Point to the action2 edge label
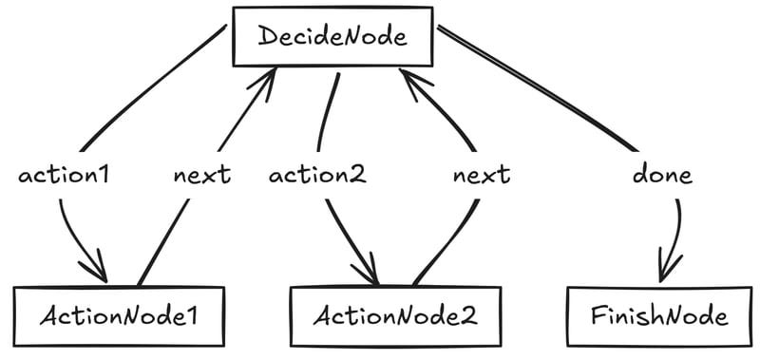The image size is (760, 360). click(317, 175)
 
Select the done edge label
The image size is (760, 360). click(662, 175)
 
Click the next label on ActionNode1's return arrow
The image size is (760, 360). click(201, 175)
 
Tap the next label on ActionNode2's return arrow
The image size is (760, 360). click(481, 175)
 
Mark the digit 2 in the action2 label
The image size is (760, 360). click(358, 175)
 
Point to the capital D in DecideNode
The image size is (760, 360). click(269, 38)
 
